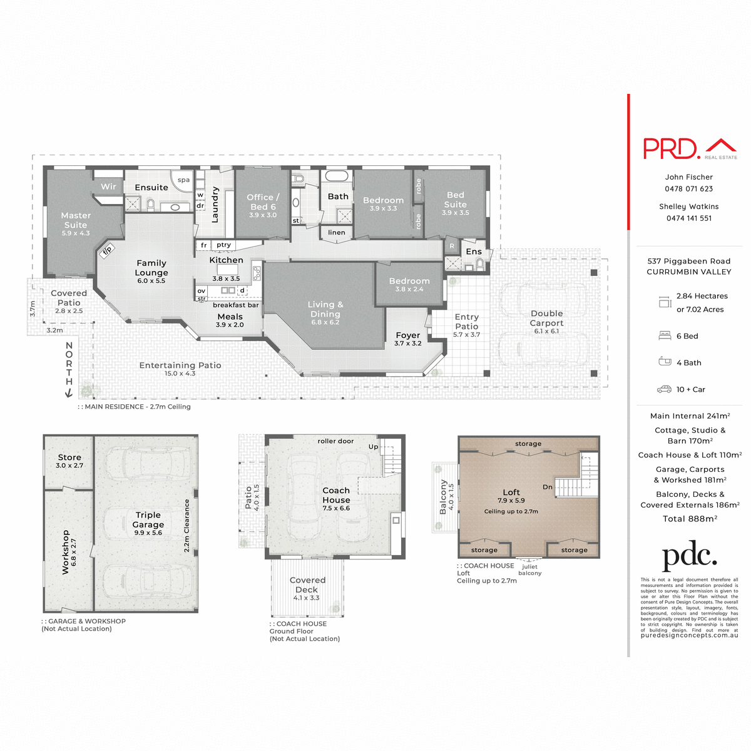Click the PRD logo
click(x=689, y=149)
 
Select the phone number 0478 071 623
click(x=688, y=189)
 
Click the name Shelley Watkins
click(x=688, y=207)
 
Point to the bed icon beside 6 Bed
click(x=665, y=336)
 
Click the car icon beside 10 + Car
click(x=664, y=389)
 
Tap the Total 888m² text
click(x=690, y=519)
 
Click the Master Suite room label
click(x=76, y=220)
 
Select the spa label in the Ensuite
click(x=183, y=180)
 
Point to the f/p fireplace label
click(x=107, y=250)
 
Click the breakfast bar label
click(x=235, y=305)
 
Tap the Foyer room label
click(x=408, y=335)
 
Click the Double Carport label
click(x=546, y=318)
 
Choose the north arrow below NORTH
click(x=69, y=392)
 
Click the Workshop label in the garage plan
click(x=66, y=551)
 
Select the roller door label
click(x=335, y=441)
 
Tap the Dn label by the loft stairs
click(x=548, y=487)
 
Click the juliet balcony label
click(x=529, y=570)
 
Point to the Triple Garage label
click(x=148, y=519)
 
